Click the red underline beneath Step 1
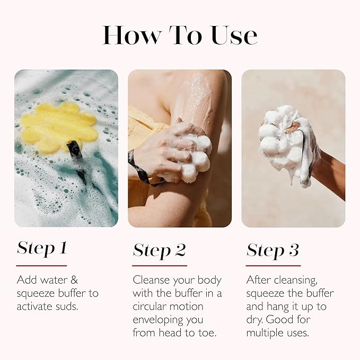point(41,265)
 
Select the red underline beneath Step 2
point(160,265)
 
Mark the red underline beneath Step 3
point(273,265)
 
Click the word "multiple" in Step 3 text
point(267,333)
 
